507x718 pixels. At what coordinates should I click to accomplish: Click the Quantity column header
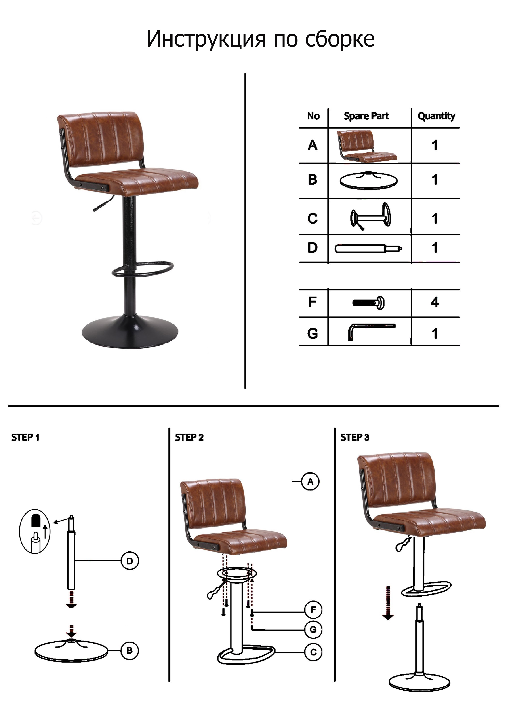tap(436, 116)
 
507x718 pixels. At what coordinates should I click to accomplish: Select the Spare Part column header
tap(366, 116)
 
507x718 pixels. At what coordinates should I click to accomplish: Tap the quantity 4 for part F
tap(434, 302)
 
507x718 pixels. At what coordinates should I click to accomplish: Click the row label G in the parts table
tap(313, 333)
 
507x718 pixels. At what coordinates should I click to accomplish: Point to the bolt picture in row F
tap(368, 302)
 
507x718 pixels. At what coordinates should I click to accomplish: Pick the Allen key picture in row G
tap(371, 331)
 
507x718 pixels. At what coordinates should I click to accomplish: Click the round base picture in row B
tap(368, 180)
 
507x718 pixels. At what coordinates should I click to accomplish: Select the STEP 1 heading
tap(25, 438)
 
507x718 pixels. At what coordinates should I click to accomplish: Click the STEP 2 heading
tap(189, 438)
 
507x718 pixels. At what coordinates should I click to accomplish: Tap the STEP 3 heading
tap(355, 438)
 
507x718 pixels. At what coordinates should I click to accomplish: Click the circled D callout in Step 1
tap(130, 561)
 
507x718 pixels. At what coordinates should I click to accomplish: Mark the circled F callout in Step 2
tap(313, 610)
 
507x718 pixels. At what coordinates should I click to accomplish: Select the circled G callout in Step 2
tap(313, 629)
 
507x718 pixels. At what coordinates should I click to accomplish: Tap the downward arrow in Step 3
tap(388, 603)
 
